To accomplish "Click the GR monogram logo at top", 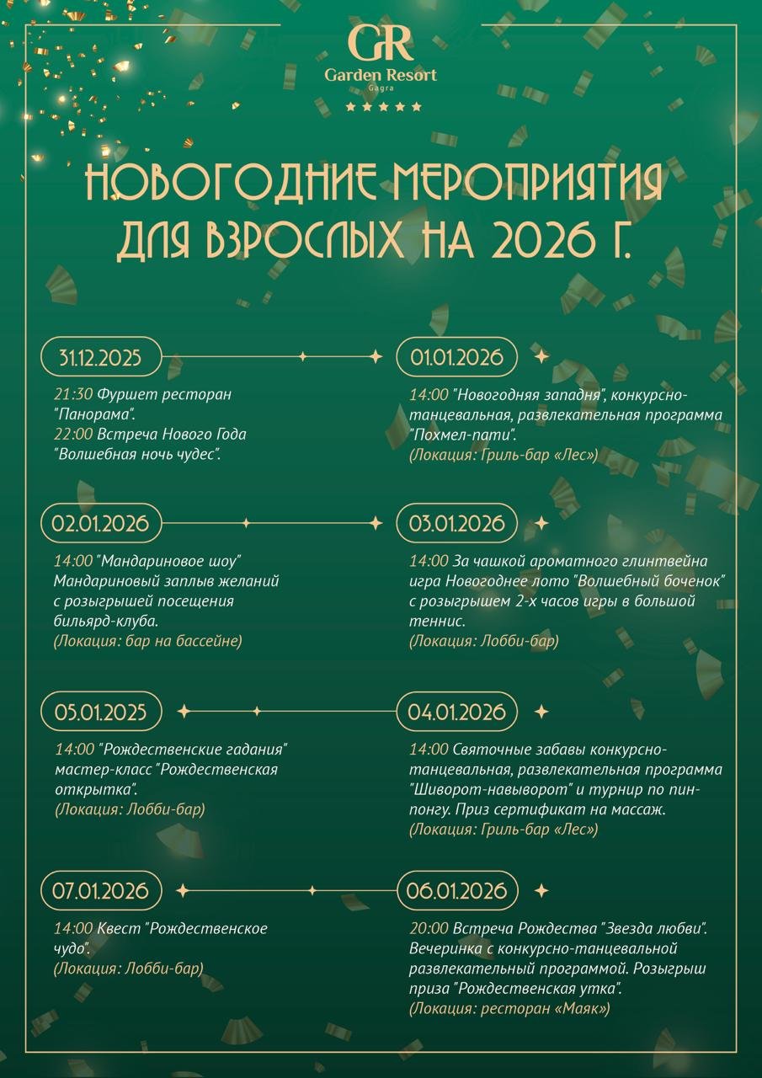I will coord(381,42).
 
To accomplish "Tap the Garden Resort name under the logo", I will coord(381,75).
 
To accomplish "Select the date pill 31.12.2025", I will coord(100,357).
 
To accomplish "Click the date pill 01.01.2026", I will coord(456,357).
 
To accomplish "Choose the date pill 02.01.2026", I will coord(100,523).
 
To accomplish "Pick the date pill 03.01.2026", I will coord(456,523).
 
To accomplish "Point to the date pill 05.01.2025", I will coord(100,712).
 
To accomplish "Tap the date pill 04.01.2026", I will coord(456,712).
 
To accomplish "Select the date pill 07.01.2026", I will coord(100,890).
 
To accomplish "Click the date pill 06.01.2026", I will coord(456,890).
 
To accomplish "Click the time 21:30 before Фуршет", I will coord(73,394).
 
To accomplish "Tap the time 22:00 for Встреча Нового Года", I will coord(73,435).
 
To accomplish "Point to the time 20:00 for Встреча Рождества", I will coord(429,929).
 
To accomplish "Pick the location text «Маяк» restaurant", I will coord(509,1008).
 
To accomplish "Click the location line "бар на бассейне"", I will coord(147,641).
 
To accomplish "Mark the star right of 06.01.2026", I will coord(541,890).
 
